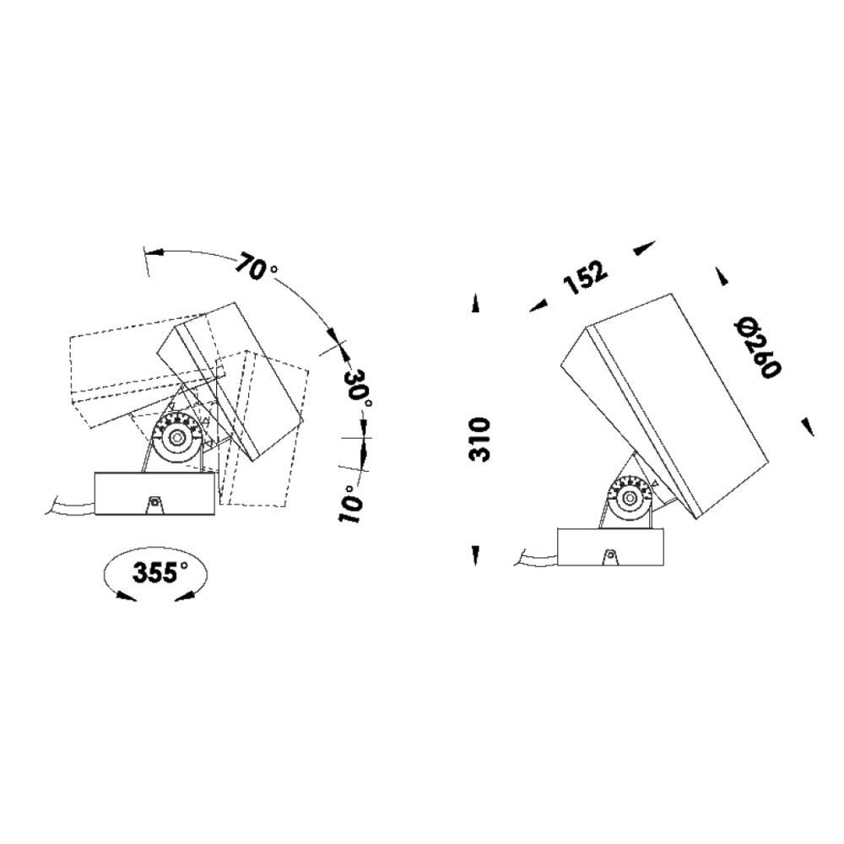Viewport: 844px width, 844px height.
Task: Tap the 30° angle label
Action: (x=359, y=389)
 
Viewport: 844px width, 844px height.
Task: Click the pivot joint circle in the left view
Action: (x=177, y=438)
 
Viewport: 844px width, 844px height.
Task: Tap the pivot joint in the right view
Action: (x=629, y=501)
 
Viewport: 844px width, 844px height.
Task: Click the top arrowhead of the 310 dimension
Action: (x=476, y=305)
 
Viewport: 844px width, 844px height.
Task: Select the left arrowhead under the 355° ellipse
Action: (x=125, y=596)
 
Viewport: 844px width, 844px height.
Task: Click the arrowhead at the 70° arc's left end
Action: (x=153, y=252)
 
